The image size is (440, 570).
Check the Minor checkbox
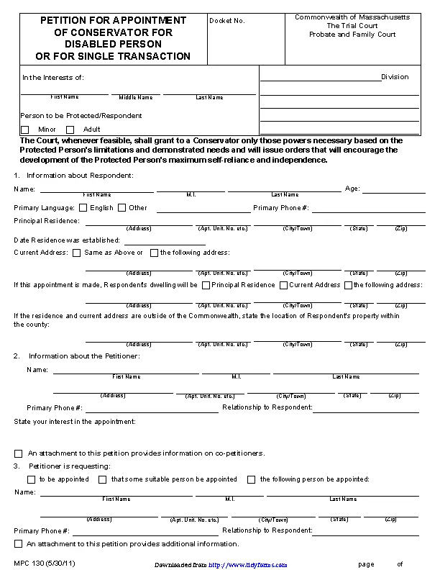25,130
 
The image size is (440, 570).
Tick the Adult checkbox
70,130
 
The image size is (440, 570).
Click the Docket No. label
227,21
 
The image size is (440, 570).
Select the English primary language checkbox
83,208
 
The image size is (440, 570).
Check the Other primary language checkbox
122,208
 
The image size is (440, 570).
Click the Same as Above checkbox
76,253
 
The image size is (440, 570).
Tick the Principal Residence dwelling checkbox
206,285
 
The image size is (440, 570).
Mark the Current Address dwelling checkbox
283,285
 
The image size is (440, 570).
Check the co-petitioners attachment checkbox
19,453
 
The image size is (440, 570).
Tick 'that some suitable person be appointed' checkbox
103,479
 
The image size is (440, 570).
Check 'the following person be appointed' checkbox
252,479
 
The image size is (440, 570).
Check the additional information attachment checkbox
19,544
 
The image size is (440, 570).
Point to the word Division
395,77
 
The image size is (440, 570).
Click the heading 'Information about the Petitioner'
84,356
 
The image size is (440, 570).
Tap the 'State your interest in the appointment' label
75,421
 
